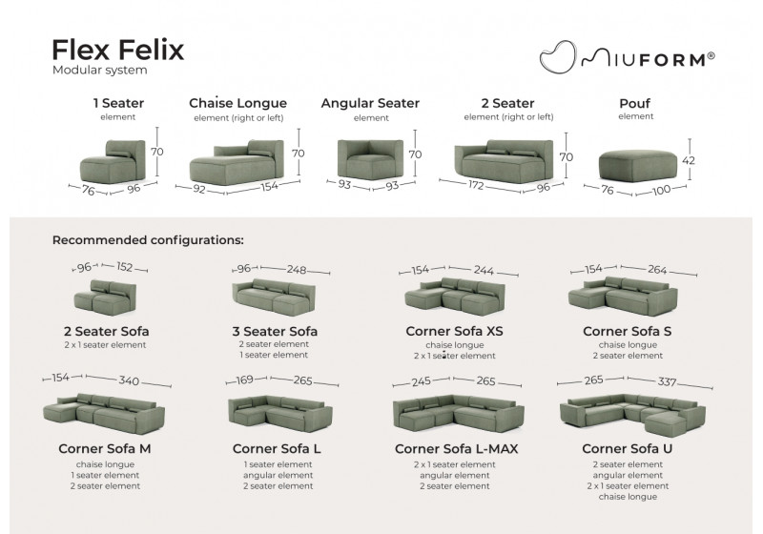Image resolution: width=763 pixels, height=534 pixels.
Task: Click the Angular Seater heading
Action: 370,103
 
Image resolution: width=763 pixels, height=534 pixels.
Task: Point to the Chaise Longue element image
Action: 235,159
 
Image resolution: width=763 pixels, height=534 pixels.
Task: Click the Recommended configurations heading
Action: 148,240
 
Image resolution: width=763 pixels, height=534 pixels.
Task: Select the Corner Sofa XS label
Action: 454,332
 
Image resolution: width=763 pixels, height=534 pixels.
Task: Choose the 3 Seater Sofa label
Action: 274,332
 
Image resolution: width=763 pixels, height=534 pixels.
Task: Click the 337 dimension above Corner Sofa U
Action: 667,381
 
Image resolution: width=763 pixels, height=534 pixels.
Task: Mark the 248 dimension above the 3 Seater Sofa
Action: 297,270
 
